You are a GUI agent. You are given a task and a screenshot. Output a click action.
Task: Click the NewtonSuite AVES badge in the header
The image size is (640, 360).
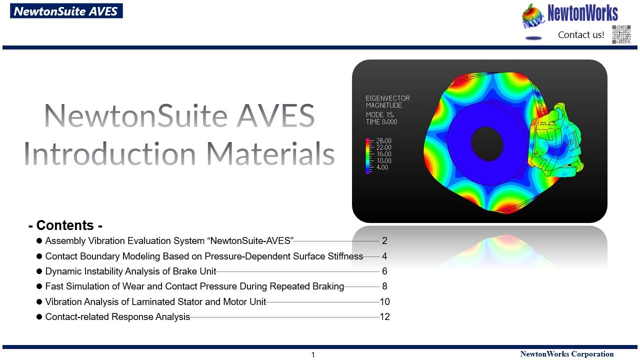[66, 11]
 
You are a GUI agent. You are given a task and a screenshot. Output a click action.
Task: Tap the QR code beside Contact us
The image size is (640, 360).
[621, 34]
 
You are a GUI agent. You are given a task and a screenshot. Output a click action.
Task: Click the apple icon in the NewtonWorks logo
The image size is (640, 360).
[532, 15]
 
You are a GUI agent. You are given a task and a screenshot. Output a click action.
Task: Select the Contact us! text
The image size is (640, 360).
[581, 35]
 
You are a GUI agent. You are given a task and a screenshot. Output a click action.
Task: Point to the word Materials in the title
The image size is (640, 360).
[270, 153]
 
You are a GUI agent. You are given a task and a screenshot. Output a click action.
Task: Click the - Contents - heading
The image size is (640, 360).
[65, 225]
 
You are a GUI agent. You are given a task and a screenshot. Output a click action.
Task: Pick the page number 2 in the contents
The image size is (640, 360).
[384, 241]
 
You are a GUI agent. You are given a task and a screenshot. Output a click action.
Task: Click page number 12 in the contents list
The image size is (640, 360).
[384, 317]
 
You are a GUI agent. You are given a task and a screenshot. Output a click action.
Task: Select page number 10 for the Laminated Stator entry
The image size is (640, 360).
[384, 301]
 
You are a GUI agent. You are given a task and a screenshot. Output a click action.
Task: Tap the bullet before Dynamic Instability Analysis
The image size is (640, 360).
[39, 271]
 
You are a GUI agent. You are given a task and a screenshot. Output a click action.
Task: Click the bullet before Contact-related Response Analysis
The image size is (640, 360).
[39, 317]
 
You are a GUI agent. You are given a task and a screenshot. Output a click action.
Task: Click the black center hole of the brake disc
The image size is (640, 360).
[487, 143]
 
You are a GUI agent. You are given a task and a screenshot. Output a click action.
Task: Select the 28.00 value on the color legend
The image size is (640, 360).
[383, 141]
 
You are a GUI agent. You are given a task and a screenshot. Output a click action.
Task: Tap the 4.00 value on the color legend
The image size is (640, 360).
[382, 167]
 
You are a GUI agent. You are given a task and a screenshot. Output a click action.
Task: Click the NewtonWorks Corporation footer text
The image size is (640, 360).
[567, 354]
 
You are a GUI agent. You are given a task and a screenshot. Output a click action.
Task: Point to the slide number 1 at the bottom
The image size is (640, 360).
[313, 355]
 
